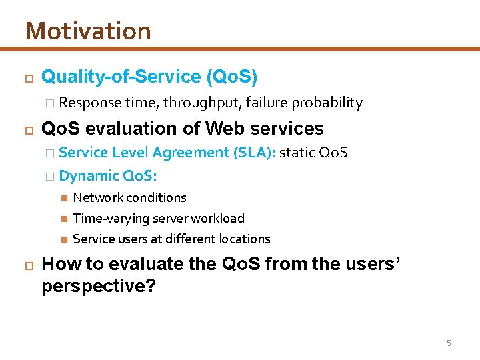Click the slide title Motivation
tap(88, 31)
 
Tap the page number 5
tap(449, 343)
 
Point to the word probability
tap(327, 103)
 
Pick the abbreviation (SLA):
tap(254, 153)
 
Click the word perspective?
tap(99, 287)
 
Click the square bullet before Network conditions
tap(63, 197)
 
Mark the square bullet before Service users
tap(63, 239)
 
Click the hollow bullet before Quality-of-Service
tap(27, 77)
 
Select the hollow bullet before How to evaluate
tap(27, 265)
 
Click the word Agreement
tap(191, 153)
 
